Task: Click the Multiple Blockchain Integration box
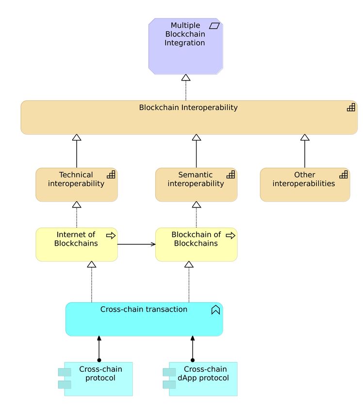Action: pos(186,46)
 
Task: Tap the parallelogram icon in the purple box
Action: pos(214,26)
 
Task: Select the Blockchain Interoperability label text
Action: pos(188,108)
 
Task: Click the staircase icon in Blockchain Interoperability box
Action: pos(351,107)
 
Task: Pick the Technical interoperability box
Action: pos(77,185)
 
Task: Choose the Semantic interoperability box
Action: pos(196,185)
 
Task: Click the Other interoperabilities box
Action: pos(305,185)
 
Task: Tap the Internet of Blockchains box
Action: pos(77,244)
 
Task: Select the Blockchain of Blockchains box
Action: pos(196,244)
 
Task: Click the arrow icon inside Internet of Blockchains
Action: pos(111,236)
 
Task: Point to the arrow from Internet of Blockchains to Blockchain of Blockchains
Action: pos(136,244)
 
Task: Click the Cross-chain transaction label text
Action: pos(144,309)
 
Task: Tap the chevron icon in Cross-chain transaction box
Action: pos(215,310)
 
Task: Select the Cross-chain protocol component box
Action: pos(96,379)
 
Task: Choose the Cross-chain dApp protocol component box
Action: pos(200,379)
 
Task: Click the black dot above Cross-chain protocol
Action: pos(99,360)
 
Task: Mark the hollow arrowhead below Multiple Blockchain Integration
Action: pos(186,78)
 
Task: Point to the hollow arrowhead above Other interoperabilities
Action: pos(305,138)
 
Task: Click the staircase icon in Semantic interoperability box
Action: pos(231,174)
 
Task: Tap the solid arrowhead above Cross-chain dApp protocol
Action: pos(193,338)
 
